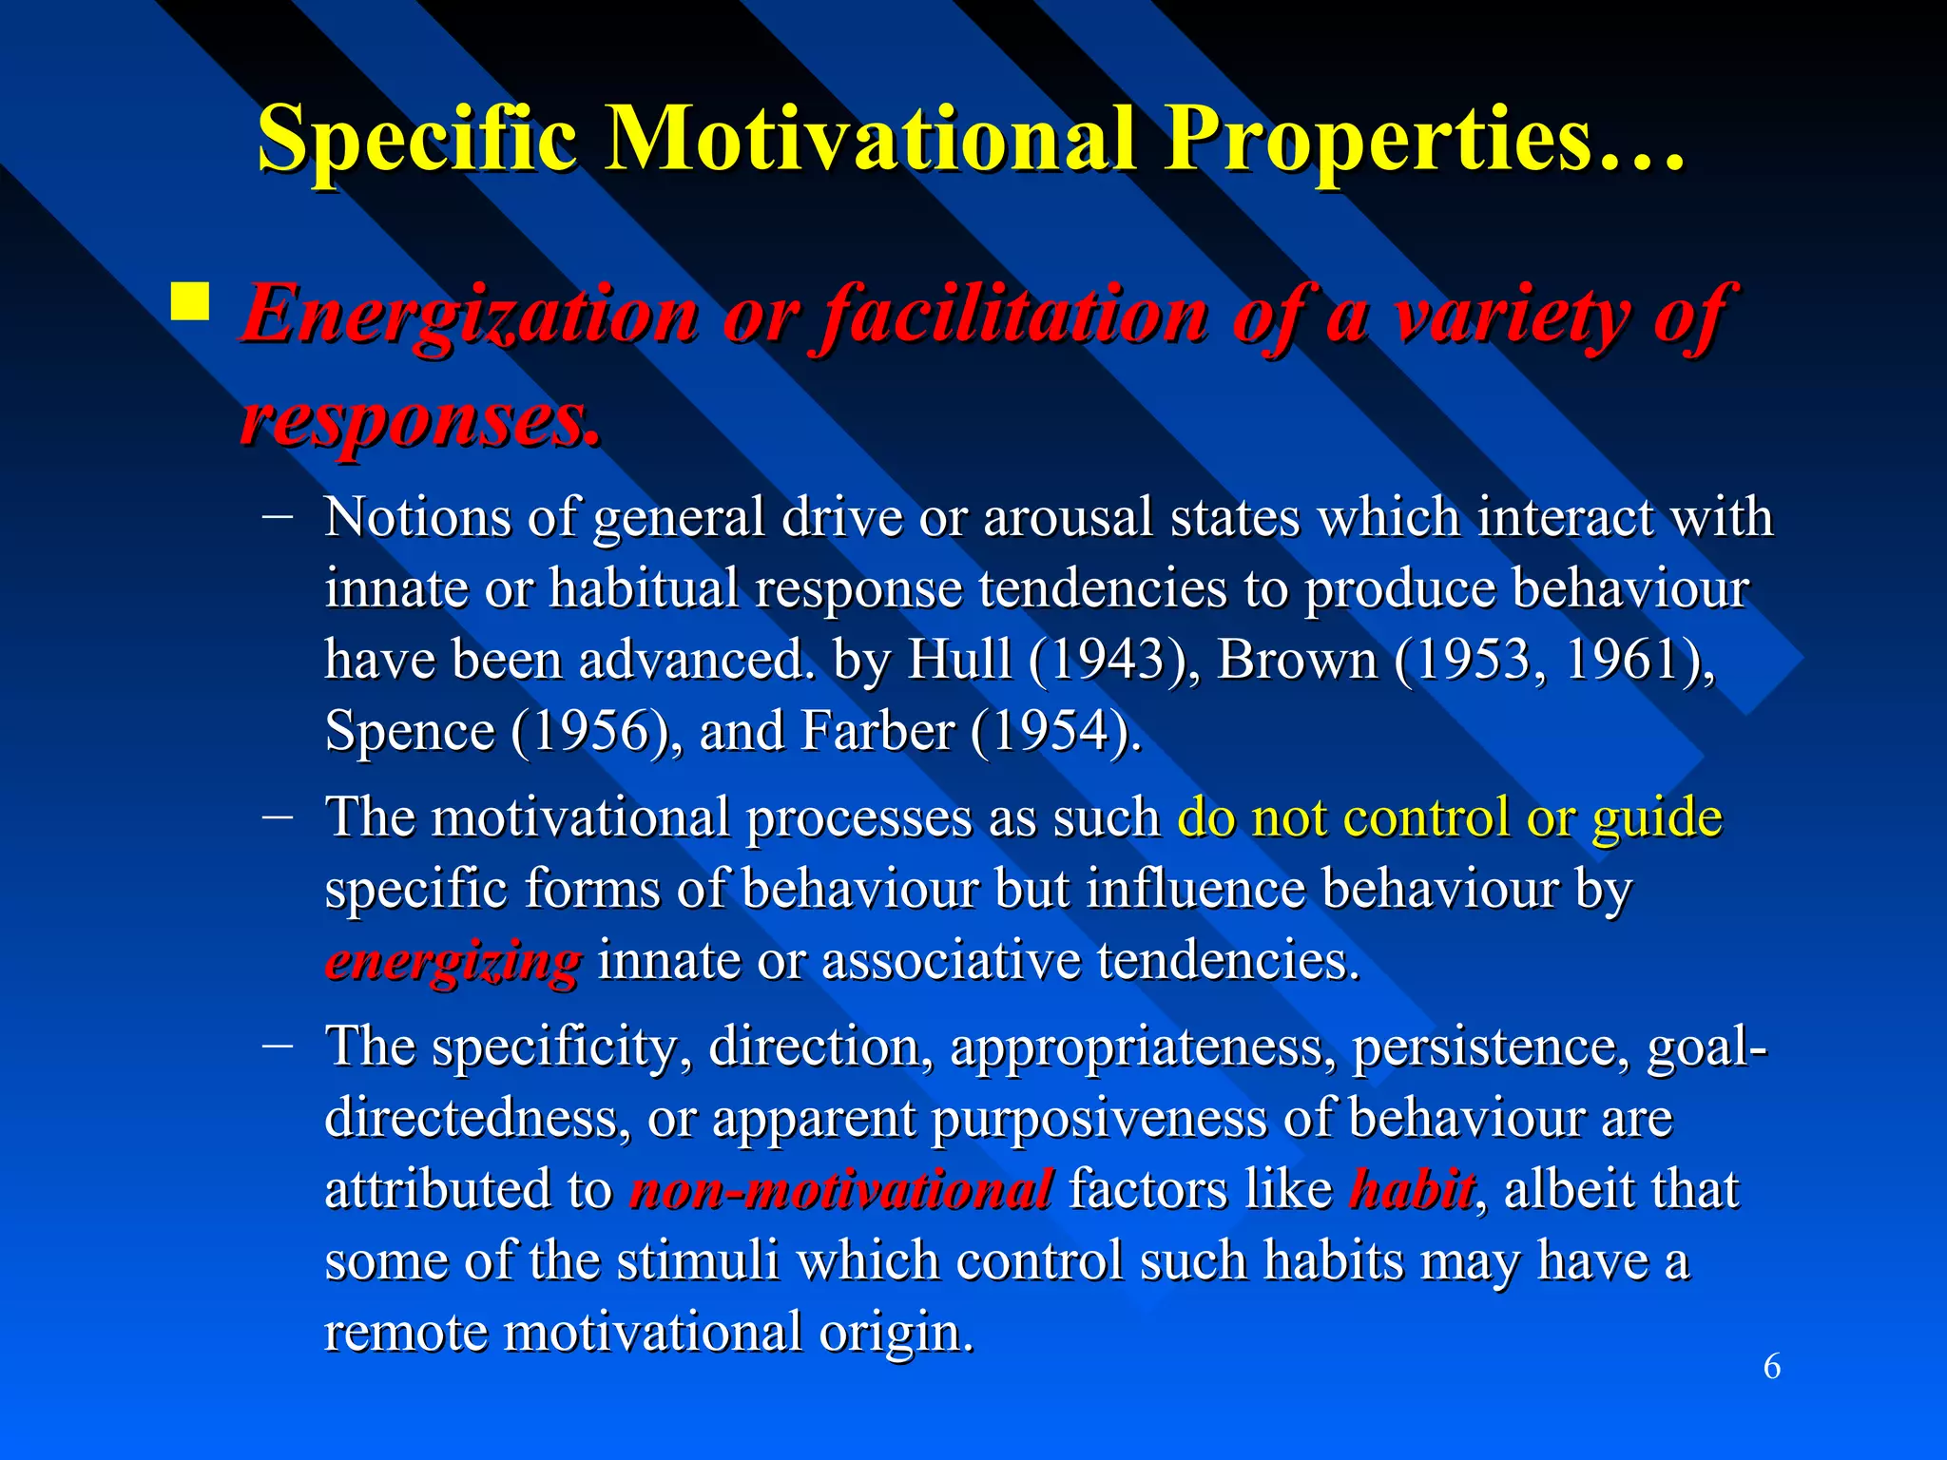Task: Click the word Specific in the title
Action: tap(417, 140)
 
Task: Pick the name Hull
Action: tap(959, 660)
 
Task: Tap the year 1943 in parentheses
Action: tap(1099, 660)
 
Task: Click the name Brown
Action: tap(1297, 660)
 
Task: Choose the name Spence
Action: tap(410, 731)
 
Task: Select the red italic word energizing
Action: tap(453, 962)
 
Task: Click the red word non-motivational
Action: tap(840, 1189)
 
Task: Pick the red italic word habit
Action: tap(1412, 1189)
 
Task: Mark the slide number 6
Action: tap(1772, 1367)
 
